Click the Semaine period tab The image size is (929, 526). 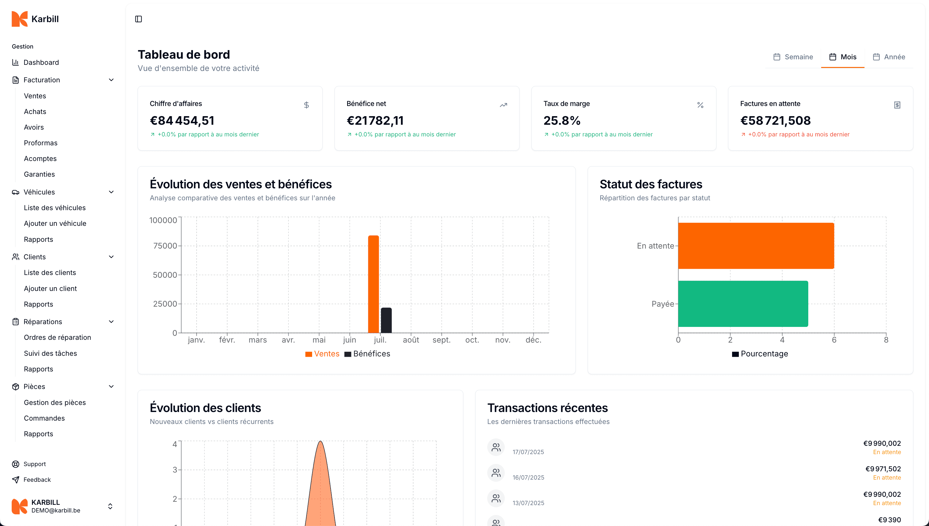point(793,57)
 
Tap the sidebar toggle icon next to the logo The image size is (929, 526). point(138,19)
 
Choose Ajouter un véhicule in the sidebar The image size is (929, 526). point(55,223)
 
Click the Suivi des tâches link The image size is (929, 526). point(50,353)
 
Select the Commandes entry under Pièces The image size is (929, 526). point(44,418)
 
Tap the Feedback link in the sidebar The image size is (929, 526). point(37,479)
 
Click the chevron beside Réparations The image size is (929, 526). point(111,321)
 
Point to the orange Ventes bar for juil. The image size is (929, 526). point(374,284)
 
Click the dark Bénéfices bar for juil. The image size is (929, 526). point(386,320)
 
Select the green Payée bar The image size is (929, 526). point(743,304)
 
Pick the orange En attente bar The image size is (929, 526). point(756,246)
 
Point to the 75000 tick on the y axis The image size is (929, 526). point(165,246)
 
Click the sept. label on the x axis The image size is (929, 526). point(441,340)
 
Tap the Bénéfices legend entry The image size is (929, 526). point(367,354)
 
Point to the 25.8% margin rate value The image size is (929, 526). point(562,120)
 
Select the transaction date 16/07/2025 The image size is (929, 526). point(528,477)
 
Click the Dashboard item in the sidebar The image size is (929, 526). point(41,62)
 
